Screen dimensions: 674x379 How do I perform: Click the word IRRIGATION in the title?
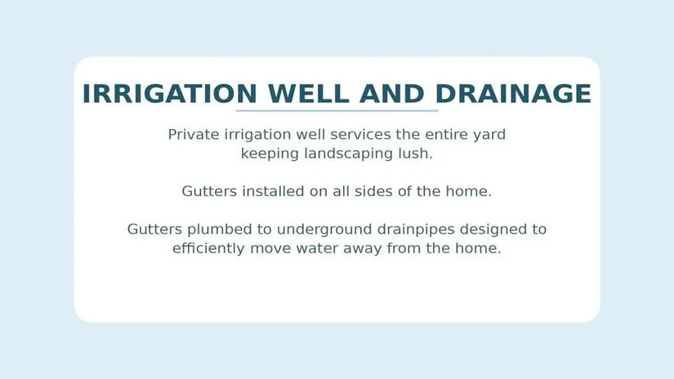[170, 94]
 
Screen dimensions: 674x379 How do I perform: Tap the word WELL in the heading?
[309, 94]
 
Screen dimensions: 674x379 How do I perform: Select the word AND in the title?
[392, 94]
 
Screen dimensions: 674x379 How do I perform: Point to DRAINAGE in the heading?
[513, 94]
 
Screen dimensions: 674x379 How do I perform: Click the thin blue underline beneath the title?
[337, 111]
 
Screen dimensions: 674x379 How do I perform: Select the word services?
[360, 135]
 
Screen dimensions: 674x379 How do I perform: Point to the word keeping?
[270, 154]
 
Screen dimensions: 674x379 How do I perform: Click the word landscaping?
[348, 154]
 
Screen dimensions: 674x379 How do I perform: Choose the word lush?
[415, 154]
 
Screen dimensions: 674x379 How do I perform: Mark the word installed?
[273, 191]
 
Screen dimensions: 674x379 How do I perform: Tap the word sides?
[373, 191]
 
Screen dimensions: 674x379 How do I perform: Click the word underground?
[324, 230]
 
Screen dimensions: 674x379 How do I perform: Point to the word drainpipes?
[416, 230]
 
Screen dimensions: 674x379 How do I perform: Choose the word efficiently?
[208, 249]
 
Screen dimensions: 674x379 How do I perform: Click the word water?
[317, 249]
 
